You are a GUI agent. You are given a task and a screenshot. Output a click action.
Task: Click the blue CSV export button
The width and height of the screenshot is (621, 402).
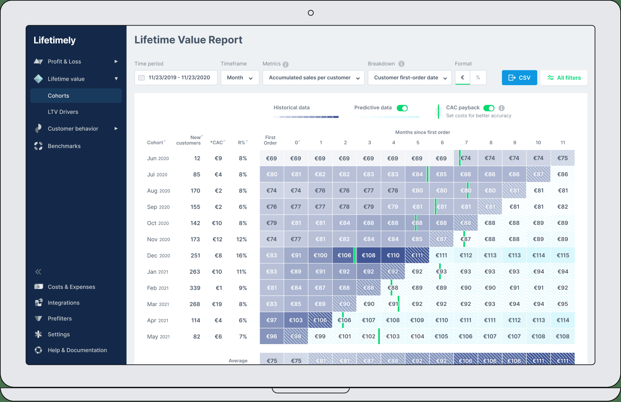pyautogui.click(x=519, y=78)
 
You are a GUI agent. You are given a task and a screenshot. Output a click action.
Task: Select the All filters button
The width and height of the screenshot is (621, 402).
pyautogui.click(x=564, y=78)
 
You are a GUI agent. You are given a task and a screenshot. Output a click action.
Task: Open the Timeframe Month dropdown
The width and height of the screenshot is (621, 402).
pyautogui.click(x=240, y=78)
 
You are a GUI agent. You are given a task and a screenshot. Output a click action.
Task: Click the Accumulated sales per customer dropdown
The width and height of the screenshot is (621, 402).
pyautogui.click(x=314, y=78)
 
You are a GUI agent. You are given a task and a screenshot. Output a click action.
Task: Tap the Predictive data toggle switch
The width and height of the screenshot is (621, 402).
pyautogui.click(x=402, y=108)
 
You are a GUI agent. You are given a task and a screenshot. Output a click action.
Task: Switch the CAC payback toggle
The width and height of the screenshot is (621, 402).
pyautogui.click(x=489, y=108)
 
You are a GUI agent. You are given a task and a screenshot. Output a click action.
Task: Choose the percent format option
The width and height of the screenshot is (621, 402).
pyautogui.click(x=478, y=78)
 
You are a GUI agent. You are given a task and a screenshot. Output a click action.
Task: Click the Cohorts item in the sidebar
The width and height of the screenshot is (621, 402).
pyautogui.click(x=58, y=96)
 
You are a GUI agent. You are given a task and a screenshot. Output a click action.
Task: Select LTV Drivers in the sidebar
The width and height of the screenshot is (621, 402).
pyautogui.click(x=63, y=112)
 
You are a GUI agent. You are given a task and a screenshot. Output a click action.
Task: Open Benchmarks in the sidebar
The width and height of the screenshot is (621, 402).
pyautogui.click(x=64, y=146)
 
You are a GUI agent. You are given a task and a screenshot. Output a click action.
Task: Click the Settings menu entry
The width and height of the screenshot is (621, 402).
pyautogui.click(x=59, y=334)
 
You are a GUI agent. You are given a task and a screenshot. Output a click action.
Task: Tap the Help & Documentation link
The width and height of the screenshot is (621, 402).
pyautogui.click(x=77, y=350)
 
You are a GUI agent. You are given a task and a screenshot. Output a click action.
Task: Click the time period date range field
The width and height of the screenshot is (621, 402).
pyautogui.click(x=176, y=78)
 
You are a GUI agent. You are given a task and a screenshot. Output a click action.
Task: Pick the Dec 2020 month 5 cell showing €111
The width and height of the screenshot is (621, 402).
pyautogui.click(x=417, y=255)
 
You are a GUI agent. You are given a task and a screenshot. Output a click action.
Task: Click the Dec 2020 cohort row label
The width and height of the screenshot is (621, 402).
pyautogui.click(x=158, y=255)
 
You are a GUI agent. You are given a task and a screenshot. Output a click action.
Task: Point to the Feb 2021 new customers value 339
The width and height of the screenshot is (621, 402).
pyautogui.click(x=195, y=288)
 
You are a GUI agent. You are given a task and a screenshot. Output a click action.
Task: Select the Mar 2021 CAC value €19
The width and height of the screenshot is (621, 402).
pyautogui.click(x=217, y=304)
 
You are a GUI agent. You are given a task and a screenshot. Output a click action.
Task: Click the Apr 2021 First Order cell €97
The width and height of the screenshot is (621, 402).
pyautogui.click(x=272, y=320)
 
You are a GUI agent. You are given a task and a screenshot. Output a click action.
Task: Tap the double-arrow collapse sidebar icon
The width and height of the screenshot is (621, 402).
pyautogui.click(x=38, y=272)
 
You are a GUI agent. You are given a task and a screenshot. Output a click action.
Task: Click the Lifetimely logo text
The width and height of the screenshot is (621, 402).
pyautogui.click(x=55, y=40)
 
